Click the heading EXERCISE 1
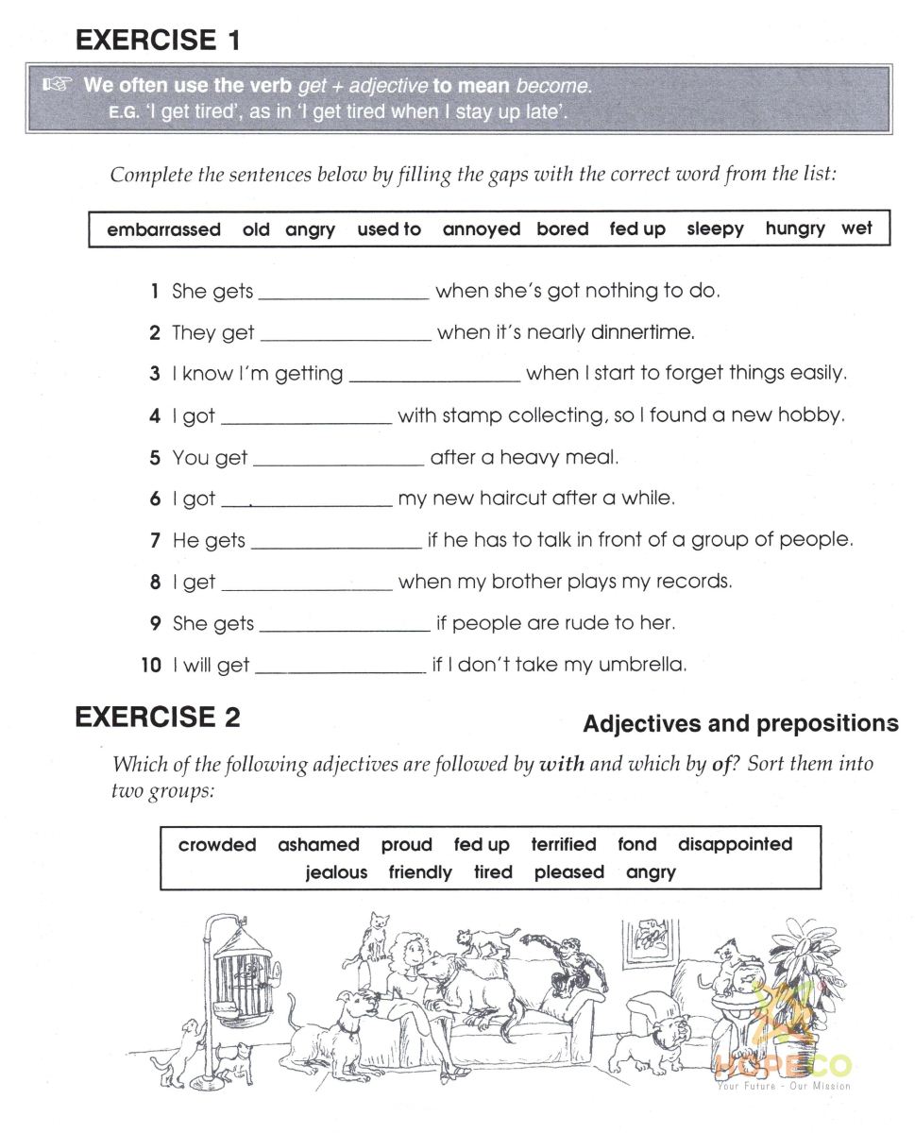coord(158,40)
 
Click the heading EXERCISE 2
coord(158,718)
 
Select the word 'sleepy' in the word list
coord(715,228)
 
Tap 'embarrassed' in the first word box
coord(163,229)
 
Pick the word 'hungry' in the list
coord(795,228)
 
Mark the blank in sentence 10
coord(340,671)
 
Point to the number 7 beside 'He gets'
coord(156,541)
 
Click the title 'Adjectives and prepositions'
coord(740,724)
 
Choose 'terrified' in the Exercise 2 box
coord(564,844)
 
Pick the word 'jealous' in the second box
coord(336,872)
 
